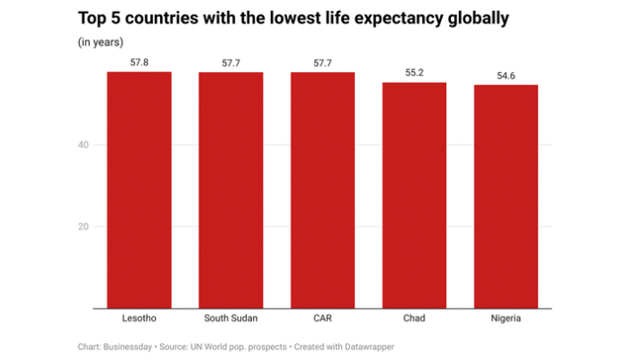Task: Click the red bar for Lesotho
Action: (x=139, y=189)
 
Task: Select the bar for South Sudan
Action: (x=230, y=189)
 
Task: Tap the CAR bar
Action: (x=322, y=189)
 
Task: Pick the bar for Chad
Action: (x=414, y=194)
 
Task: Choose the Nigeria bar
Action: (x=506, y=196)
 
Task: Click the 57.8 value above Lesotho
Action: (x=139, y=61)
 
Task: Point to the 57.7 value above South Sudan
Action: (x=230, y=62)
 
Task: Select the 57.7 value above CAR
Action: (x=322, y=62)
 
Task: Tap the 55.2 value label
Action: (x=414, y=72)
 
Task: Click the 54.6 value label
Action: (x=506, y=75)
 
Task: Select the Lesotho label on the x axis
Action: (x=139, y=319)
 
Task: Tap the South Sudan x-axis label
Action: (x=230, y=319)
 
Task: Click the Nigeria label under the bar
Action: (x=506, y=319)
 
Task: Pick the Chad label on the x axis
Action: (x=414, y=319)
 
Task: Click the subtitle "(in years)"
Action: (x=101, y=41)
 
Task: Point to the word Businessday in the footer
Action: (x=133, y=346)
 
